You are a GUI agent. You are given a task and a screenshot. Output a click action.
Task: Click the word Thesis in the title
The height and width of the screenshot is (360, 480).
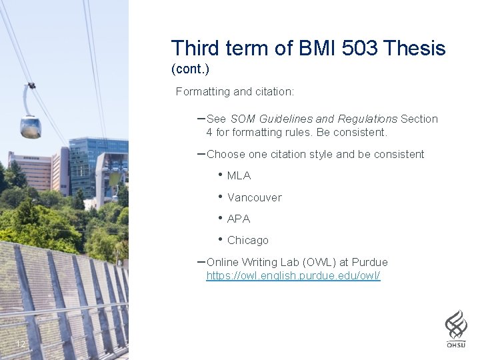[415, 48]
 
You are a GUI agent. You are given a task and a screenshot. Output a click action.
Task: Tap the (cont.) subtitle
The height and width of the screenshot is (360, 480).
[190, 69]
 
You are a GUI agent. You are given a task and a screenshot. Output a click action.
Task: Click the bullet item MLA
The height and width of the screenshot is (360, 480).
[239, 176]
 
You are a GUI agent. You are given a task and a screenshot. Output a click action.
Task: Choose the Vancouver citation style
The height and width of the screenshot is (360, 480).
[254, 197]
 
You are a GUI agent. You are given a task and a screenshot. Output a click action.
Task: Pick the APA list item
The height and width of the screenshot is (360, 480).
[238, 219]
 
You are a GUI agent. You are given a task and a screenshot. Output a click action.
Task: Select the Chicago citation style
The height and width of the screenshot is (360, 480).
[247, 240]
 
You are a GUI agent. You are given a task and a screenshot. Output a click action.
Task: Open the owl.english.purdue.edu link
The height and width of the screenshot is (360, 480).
[293, 275]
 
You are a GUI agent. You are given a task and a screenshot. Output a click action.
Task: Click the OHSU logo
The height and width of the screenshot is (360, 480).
[456, 328]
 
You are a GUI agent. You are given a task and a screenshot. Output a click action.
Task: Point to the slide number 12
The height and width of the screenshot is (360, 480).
[21, 344]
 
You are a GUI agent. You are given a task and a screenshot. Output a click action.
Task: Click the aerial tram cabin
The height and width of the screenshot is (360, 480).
[30, 125]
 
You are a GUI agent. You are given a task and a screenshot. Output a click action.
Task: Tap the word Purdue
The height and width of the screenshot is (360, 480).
[371, 262]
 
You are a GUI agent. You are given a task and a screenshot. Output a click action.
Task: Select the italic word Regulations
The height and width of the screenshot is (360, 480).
[367, 119]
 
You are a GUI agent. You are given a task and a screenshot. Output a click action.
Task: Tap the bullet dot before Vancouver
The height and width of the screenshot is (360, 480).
[219, 197]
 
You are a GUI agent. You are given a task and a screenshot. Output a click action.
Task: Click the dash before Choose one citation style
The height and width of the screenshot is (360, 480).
[201, 153]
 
